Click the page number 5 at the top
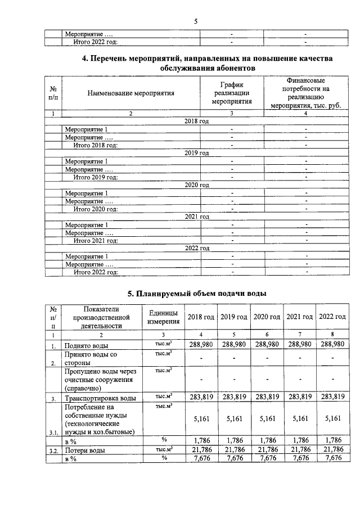tap(196, 21)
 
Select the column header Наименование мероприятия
tap(130, 93)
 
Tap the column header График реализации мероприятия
tap(231, 93)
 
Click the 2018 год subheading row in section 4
tap(196, 121)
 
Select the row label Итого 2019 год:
tap(95, 177)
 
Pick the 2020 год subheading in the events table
tap(196, 184)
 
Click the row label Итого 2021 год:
tap(95, 241)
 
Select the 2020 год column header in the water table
tap(267, 317)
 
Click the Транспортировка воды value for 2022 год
tap(332, 397)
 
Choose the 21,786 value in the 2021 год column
tap(299, 449)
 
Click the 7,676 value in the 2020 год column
tap(267, 458)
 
